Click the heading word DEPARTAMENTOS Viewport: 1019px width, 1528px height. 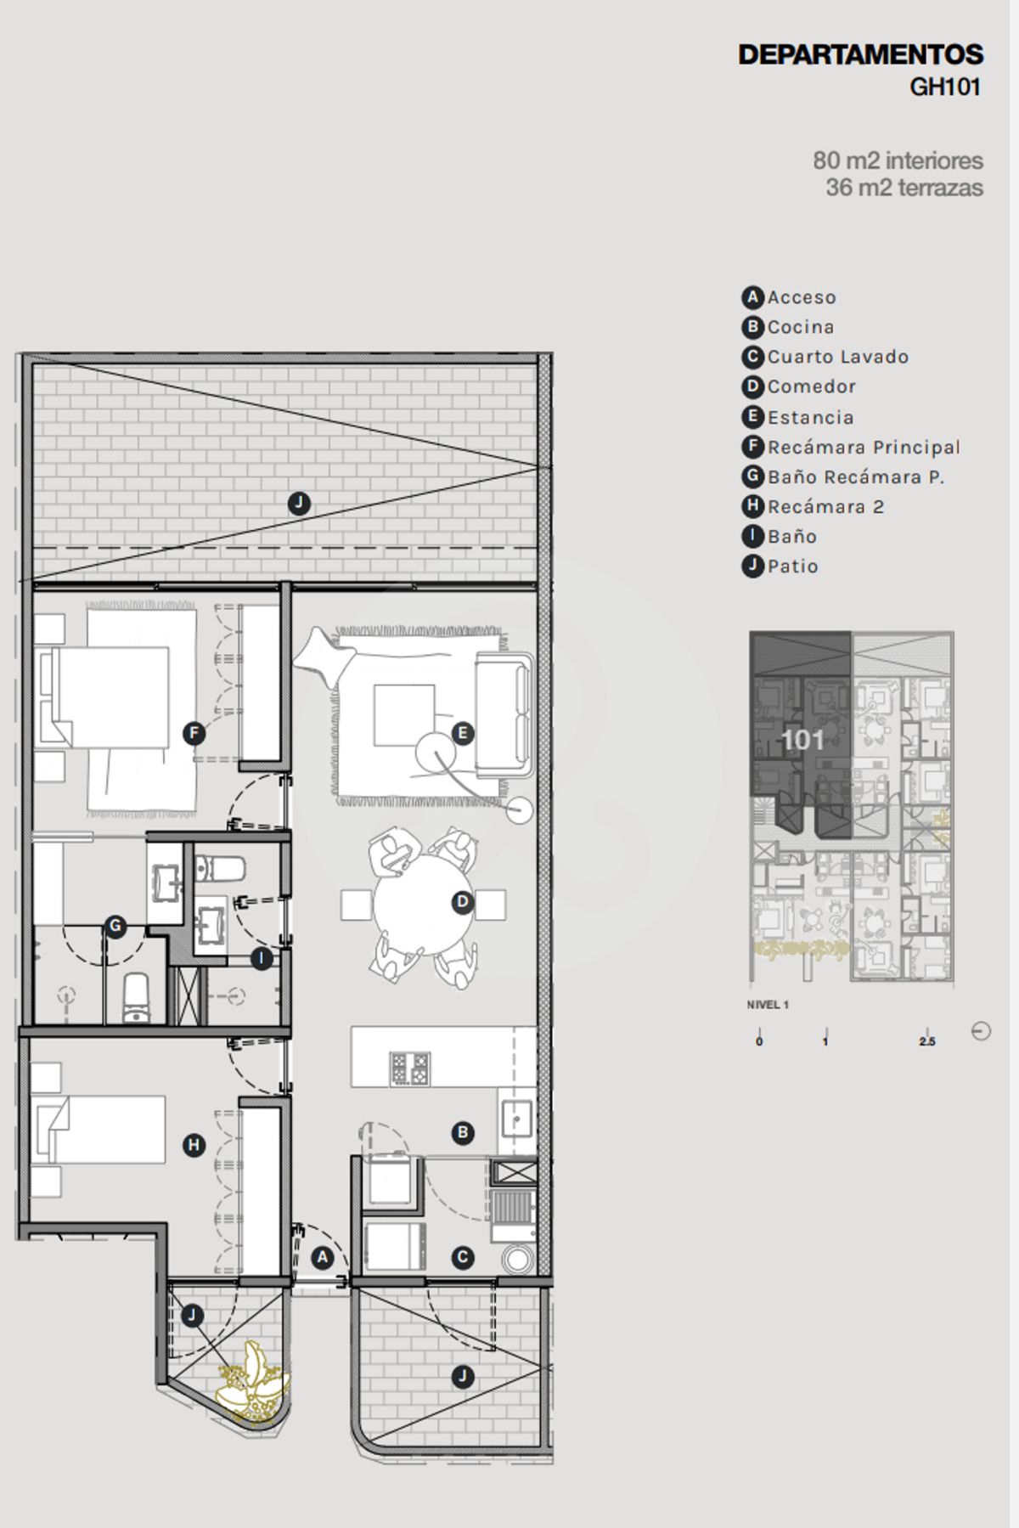[860, 55]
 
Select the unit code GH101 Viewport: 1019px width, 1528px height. [945, 87]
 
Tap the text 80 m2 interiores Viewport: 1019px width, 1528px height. [898, 160]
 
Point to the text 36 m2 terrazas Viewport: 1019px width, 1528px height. [904, 187]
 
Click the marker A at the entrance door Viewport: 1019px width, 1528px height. [322, 1257]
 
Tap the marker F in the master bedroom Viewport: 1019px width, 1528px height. [194, 733]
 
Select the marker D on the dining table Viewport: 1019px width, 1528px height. [462, 902]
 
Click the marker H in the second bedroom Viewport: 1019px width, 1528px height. [194, 1146]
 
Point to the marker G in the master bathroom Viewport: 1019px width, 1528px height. [115, 927]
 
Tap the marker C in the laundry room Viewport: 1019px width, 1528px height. [462, 1257]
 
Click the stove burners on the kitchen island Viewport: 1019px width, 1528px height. [409, 1068]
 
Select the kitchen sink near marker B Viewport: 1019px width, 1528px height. [516, 1118]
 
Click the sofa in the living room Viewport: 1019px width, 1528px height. [504, 715]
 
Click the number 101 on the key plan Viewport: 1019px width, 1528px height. [802, 740]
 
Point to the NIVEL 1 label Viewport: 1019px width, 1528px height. [768, 1005]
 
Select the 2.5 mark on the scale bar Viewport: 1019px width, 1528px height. [926, 1041]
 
